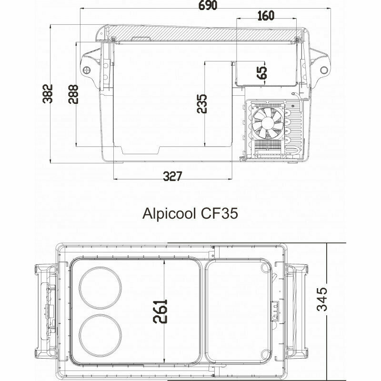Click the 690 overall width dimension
click(x=206, y=6)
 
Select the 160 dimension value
click(x=265, y=16)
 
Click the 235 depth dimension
click(x=201, y=103)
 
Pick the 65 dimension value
click(x=262, y=72)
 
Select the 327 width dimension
click(x=172, y=177)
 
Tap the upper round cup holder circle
click(x=100, y=288)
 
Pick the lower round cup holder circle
click(x=100, y=334)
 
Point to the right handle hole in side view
click(x=324, y=70)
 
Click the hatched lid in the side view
click(x=200, y=31)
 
